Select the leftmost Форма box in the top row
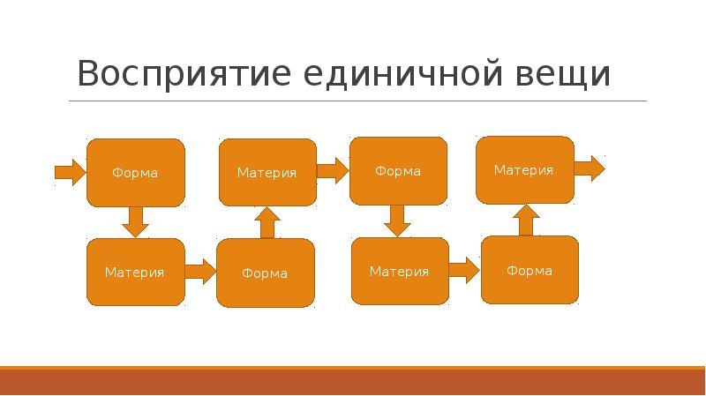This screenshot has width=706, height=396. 135,173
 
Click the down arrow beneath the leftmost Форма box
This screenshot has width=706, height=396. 135,221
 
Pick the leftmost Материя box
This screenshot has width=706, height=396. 135,273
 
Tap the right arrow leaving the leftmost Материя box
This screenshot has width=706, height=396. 200,271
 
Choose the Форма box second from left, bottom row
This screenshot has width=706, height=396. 266,273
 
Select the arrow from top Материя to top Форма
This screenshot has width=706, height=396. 333,170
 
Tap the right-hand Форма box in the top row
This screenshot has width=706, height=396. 398,171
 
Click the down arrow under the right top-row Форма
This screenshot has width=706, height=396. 398,220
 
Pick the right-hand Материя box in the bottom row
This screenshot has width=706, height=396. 400,272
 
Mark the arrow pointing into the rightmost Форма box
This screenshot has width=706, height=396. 464,270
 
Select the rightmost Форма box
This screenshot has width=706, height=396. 529,270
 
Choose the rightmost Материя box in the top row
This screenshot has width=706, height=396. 524,169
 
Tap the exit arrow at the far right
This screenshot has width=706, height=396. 589,168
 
